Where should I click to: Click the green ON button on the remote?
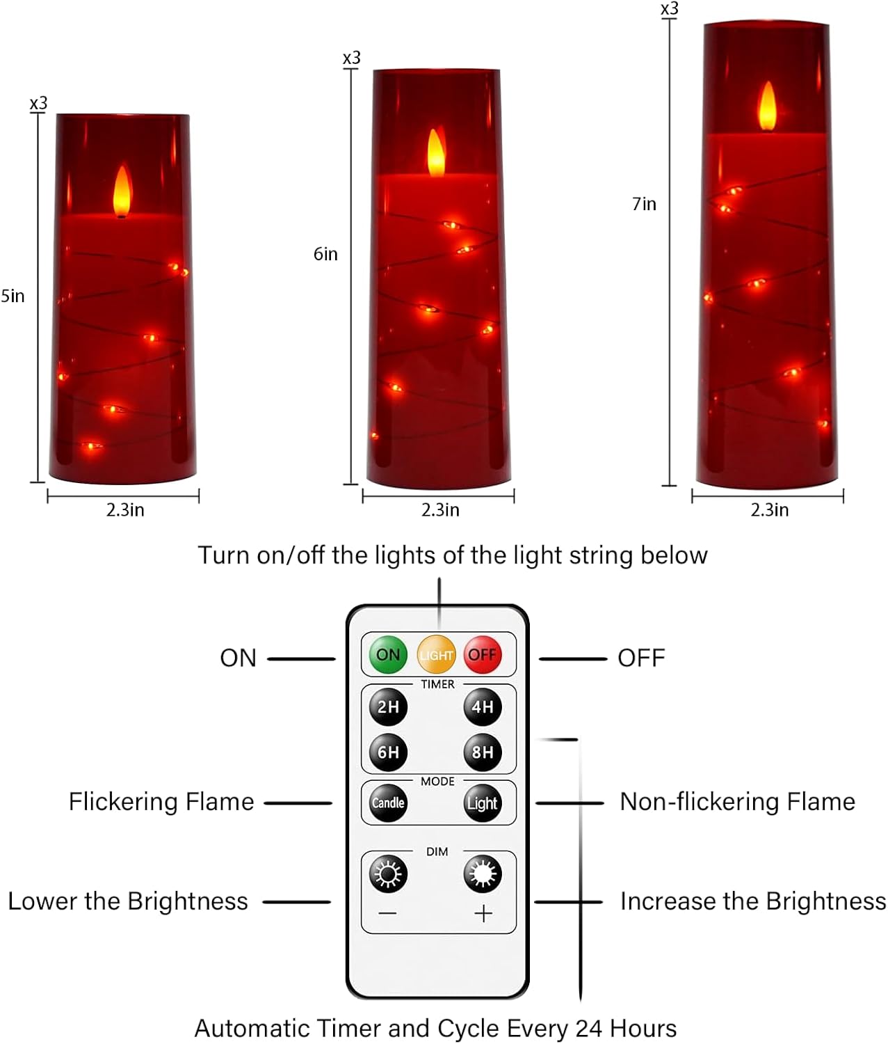pyautogui.click(x=387, y=654)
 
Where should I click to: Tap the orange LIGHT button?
pyautogui.click(x=436, y=655)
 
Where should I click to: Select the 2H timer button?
pyautogui.click(x=388, y=707)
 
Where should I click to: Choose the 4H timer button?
pyautogui.click(x=483, y=707)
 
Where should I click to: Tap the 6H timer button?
pyautogui.click(x=388, y=752)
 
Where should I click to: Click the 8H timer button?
pyautogui.click(x=483, y=752)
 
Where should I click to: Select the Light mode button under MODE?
pyautogui.click(x=483, y=803)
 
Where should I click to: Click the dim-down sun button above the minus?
pyautogui.click(x=388, y=873)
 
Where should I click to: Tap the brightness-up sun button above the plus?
pyautogui.click(x=483, y=873)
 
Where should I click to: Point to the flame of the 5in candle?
pyautogui.click(x=122, y=189)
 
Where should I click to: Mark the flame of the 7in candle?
pyautogui.click(x=767, y=106)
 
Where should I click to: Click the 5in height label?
pyautogui.click(x=13, y=296)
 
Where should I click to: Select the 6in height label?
pyautogui.click(x=325, y=254)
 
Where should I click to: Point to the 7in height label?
pyautogui.click(x=644, y=204)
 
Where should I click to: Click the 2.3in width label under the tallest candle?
pyautogui.click(x=769, y=510)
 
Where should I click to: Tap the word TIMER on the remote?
pyautogui.click(x=437, y=684)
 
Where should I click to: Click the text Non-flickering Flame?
pyautogui.click(x=737, y=802)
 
